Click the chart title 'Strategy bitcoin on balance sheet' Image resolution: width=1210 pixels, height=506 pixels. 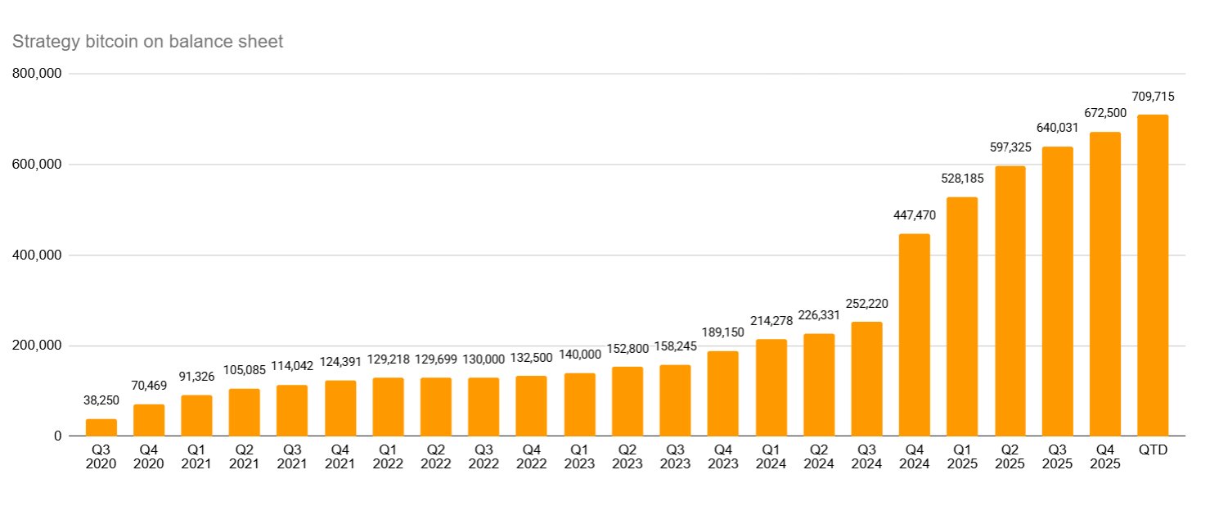[147, 42]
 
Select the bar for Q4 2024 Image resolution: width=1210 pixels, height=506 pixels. [914, 335]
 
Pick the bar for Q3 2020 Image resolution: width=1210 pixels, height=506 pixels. [101, 427]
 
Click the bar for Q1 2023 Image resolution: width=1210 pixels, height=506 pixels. [579, 404]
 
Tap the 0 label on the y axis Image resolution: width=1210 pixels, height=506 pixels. [57, 436]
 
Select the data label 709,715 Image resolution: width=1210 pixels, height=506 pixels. [1153, 97]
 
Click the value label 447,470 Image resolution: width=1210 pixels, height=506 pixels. [914, 215]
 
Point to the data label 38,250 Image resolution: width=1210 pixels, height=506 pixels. [101, 400]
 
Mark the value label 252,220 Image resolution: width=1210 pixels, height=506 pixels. [866, 304]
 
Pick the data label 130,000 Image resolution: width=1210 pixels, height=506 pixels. [484, 359]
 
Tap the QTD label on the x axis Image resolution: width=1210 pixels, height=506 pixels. [1153, 450]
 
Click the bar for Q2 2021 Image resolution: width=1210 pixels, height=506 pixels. [245, 413]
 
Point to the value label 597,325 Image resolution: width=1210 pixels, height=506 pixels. [1010, 147]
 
